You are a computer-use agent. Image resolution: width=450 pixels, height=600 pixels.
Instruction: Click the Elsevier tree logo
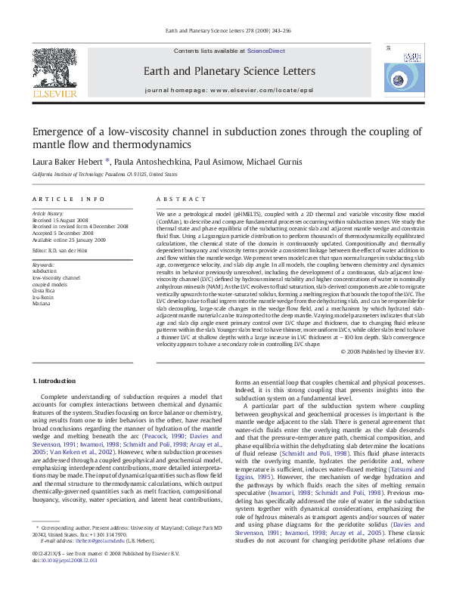click(61, 69)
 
